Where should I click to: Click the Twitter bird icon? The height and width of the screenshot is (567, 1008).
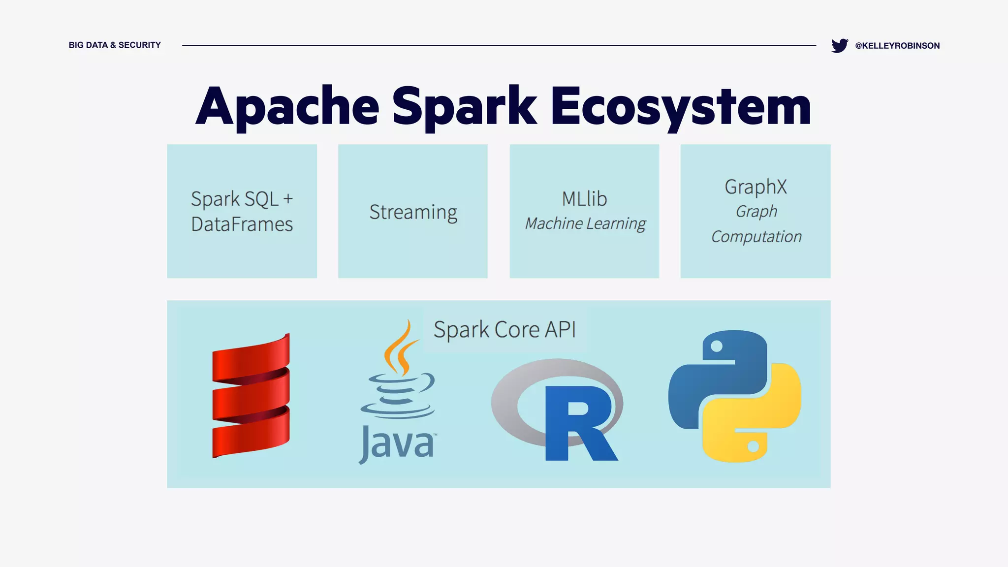[x=839, y=45]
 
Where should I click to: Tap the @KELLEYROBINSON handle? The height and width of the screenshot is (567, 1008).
[x=897, y=46]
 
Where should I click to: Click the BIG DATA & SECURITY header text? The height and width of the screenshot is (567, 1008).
[x=115, y=45]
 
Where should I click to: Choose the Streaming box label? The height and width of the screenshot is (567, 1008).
[x=413, y=212]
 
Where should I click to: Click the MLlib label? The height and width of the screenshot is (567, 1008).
[x=584, y=199]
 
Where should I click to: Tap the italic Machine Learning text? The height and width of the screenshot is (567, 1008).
[x=585, y=223]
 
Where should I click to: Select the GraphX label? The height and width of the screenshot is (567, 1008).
[x=756, y=187]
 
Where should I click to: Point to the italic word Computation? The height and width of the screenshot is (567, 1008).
[x=756, y=237]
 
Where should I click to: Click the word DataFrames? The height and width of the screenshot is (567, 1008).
[x=242, y=224]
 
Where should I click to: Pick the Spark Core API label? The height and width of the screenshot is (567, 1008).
[x=504, y=329]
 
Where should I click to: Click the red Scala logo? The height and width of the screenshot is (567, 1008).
[x=251, y=396]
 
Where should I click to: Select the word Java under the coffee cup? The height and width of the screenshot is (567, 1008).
[x=397, y=443]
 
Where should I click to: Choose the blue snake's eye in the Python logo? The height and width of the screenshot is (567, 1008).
[x=717, y=346]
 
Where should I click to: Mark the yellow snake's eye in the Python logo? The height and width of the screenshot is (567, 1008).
[x=753, y=447]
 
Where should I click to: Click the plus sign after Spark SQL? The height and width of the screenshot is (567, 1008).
[x=288, y=199]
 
